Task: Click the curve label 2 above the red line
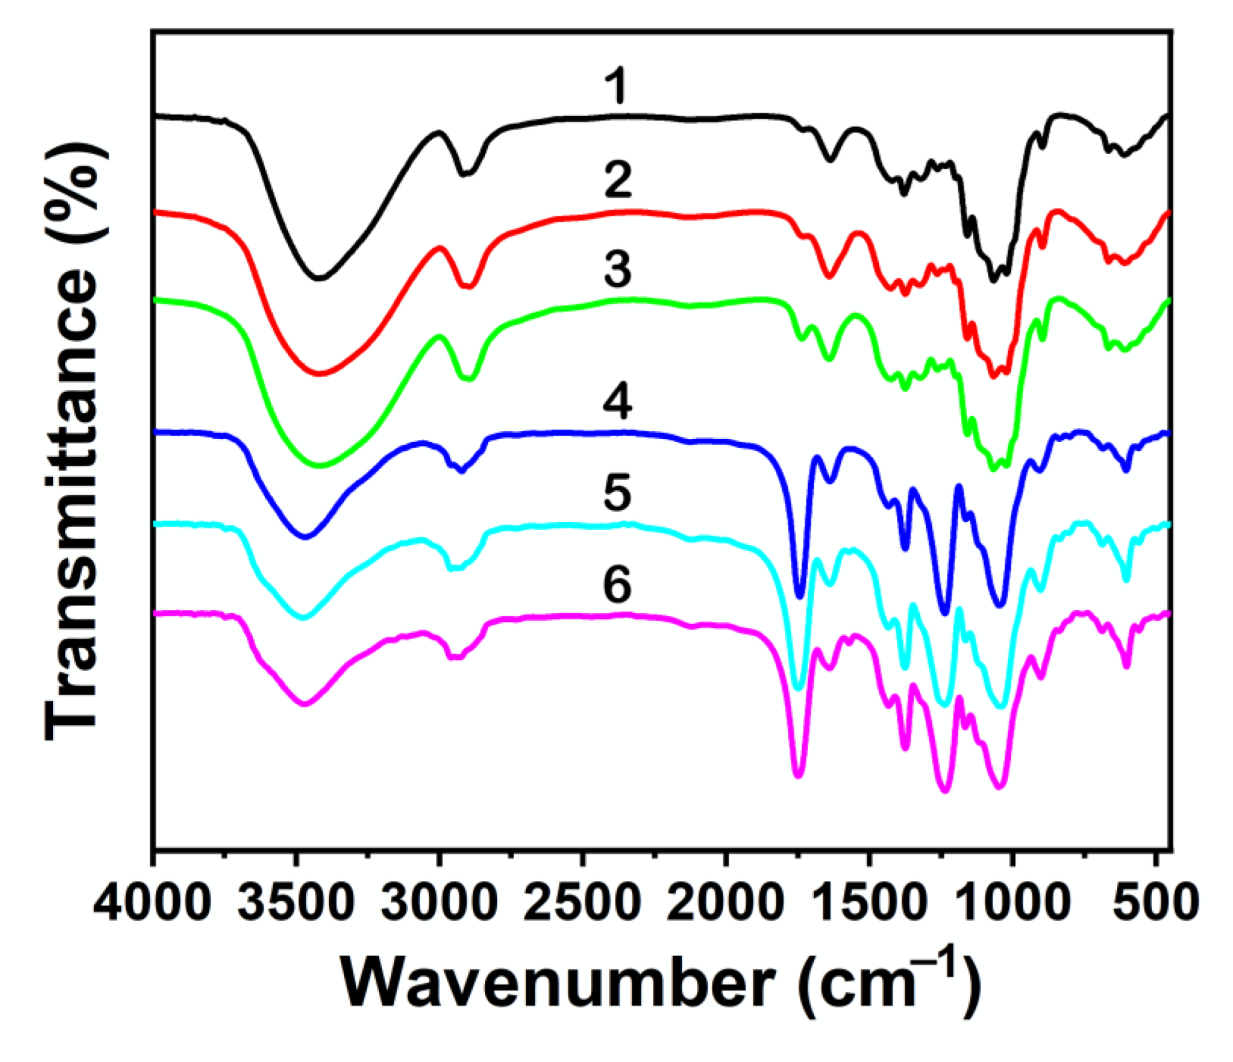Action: click(617, 180)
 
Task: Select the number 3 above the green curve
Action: click(617, 269)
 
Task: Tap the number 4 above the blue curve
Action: click(617, 402)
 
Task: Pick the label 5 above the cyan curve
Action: click(617, 493)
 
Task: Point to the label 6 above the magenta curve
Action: click(617, 585)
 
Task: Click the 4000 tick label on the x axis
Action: click(152, 904)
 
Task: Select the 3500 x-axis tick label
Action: click(295, 904)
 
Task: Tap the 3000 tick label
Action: click(439, 904)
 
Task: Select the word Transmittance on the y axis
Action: click(73, 505)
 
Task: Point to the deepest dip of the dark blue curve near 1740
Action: click(800, 596)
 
